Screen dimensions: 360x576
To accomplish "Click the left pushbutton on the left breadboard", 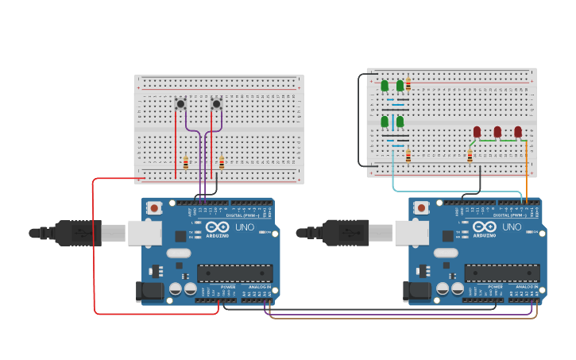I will (x=180, y=103).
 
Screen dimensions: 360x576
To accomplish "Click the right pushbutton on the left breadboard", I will (x=216, y=103).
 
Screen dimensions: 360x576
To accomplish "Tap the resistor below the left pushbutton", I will (x=186, y=163).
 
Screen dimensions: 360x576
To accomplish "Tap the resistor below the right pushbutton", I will (x=222, y=163).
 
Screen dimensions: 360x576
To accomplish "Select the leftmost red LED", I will (x=477, y=131).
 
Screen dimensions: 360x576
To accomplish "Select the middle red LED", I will (x=497, y=131).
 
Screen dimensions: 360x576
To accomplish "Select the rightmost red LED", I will (x=518, y=131).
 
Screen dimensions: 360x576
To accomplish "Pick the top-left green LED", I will (x=385, y=85).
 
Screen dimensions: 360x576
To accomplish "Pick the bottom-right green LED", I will (x=400, y=121).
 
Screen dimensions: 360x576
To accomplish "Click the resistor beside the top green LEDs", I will (x=408, y=85).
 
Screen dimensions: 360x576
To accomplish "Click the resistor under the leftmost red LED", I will (x=470, y=156).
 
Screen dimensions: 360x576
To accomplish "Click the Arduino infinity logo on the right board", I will (x=484, y=226).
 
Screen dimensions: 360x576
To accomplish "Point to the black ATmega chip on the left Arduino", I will (x=235, y=273).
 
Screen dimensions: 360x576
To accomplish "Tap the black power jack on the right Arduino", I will (x=418, y=292).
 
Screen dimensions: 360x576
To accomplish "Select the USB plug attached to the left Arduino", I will (x=79, y=233).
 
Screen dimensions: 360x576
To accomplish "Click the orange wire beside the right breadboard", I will (x=527, y=171).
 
